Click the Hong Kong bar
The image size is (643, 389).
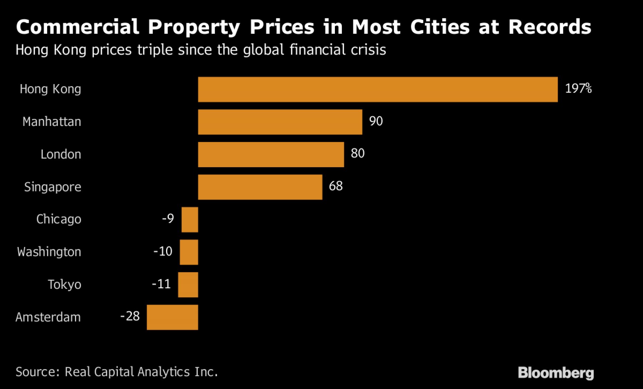coord(378,89)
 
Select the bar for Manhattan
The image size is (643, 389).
coord(280,122)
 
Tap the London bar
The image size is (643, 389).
coord(271,154)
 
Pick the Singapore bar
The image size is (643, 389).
coord(260,187)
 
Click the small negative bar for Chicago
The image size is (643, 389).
coord(190,219)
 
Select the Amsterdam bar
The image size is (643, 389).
coord(172,317)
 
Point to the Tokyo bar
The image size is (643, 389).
coord(188,284)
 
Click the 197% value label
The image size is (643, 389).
coord(578,88)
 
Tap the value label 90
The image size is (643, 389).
coord(376,121)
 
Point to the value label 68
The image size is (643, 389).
coord(336,186)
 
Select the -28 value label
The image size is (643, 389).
coord(130,316)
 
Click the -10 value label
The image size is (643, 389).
coord(163,251)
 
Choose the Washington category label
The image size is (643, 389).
coord(49,252)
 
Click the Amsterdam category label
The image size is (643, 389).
coord(48,317)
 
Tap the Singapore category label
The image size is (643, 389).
coord(53,187)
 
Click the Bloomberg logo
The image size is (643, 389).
coord(556,373)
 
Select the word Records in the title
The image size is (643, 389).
coord(550,27)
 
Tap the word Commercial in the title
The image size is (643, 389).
coord(77,27)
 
